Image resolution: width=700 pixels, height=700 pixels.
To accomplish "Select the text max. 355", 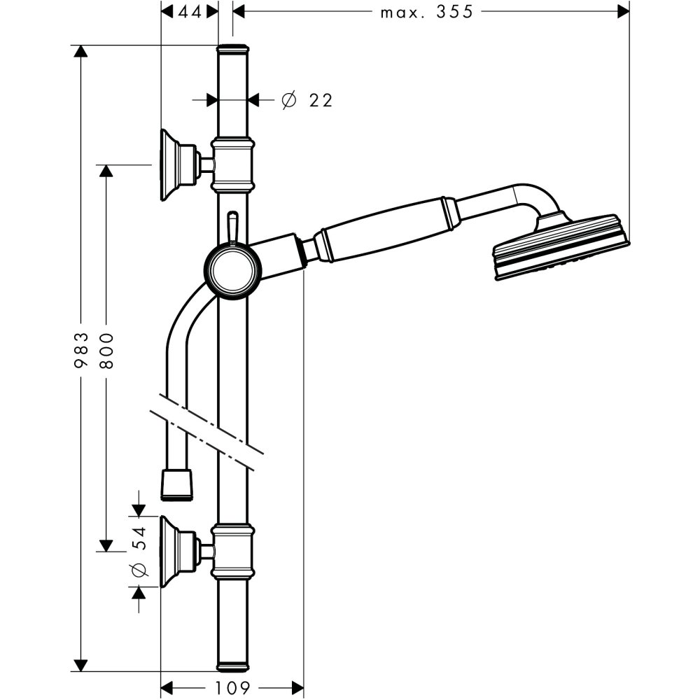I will pyautogui.click(x=427, y=12).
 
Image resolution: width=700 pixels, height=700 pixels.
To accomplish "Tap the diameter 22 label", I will pyautogui.click(x=307, y=101).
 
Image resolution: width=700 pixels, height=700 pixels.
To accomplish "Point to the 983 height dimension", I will pyautogui.click(x=82, y=350).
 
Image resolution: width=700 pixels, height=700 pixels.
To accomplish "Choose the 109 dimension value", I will pyautogui.click(x=233, y=688).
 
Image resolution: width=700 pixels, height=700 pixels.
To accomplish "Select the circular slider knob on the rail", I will pyautogui.click(x=232, y=270).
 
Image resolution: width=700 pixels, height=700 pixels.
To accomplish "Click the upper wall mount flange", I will pyautogui.click(x=171, y=164).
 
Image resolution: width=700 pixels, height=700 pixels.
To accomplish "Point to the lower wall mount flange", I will pyautogui.click(x=171, y=552).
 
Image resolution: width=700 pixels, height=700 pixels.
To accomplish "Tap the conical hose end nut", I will pyautogui.click(x=176, y=485).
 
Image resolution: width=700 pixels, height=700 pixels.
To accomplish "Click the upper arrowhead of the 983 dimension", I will pyautogui.click(x=82, y=53).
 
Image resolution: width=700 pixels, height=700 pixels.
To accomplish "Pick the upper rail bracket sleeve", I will pyautogui.click(x=232, y=164).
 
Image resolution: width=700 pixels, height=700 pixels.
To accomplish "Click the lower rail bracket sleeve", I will pyautogui.click(x=232, y=552).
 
